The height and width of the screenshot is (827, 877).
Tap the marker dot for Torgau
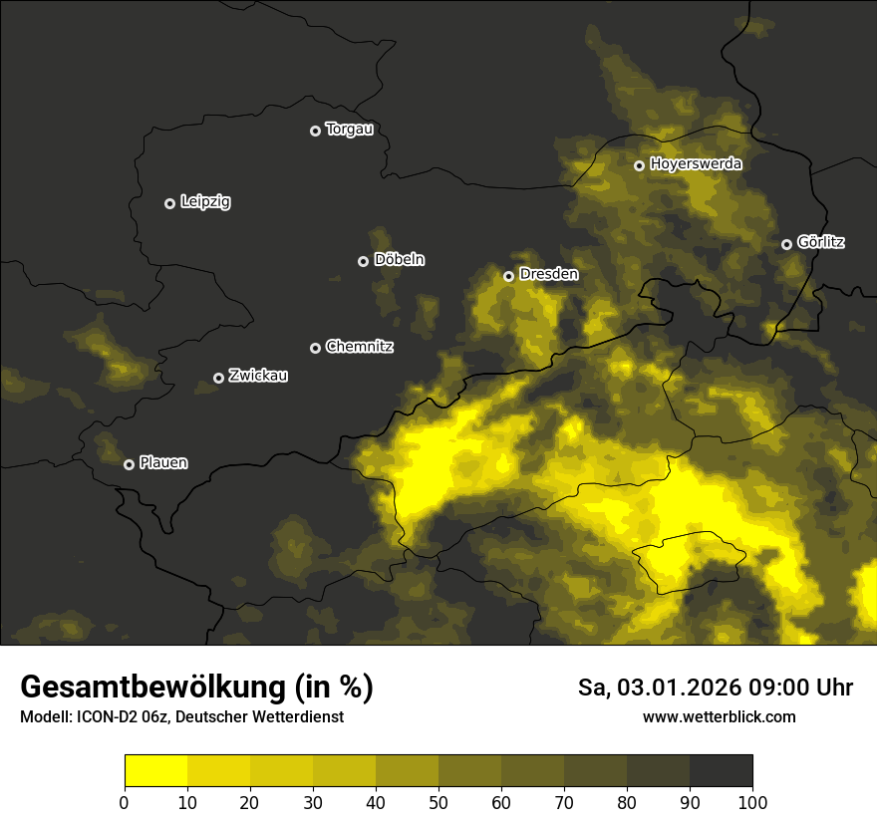315,131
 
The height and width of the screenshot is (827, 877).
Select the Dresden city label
548,274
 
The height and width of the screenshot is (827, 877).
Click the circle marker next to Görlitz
786,244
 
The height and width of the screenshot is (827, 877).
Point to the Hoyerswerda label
696,164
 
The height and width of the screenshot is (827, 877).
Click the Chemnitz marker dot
315,348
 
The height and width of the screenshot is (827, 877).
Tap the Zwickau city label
258,376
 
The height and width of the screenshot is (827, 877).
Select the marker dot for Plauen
129,464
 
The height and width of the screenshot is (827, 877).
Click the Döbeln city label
399,260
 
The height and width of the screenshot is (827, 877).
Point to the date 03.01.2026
670,688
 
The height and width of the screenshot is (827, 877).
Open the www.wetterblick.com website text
719,716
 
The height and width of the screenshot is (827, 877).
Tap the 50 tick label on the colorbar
438,801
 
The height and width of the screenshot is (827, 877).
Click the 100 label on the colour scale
752,801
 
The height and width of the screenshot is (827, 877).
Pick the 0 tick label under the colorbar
125,801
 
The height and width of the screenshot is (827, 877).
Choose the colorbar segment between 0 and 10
155,771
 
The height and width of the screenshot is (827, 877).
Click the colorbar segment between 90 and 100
721,771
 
